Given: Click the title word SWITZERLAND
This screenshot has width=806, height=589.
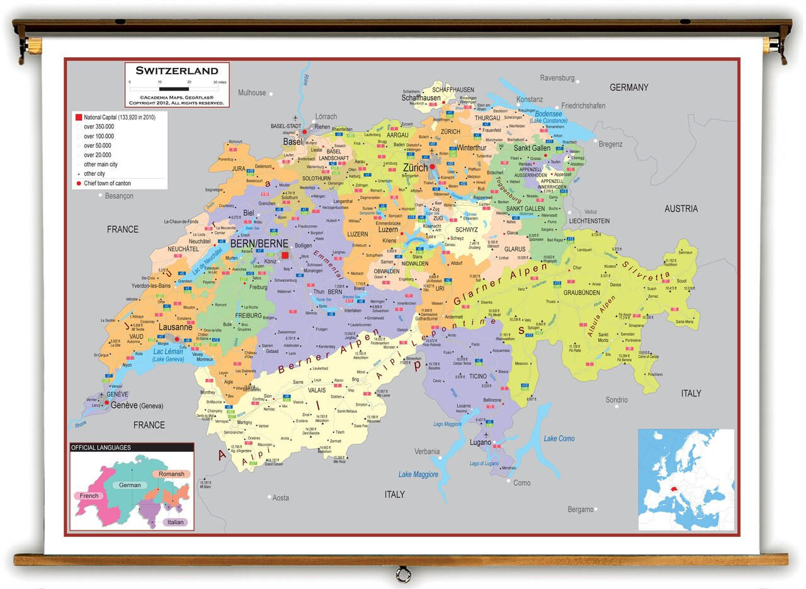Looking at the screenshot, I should (177, 70).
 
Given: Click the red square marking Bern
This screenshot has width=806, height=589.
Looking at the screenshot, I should (285, 255).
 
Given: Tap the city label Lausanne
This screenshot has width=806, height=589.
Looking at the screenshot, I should (176, 327).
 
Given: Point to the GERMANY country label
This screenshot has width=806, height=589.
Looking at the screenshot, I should (628, 87).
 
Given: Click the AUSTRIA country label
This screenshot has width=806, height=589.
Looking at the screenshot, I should (681, 208).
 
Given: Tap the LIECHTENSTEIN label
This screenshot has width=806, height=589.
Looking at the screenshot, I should (589, 221).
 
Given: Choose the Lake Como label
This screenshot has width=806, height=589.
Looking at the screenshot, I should (559, 439).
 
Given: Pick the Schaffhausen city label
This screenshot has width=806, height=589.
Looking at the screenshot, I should (421, 98).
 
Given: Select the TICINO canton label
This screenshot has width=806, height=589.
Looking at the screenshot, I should (477, 376).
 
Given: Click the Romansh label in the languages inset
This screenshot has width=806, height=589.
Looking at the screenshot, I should (171, 474).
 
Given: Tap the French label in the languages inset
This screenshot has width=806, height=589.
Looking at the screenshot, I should (89, 496).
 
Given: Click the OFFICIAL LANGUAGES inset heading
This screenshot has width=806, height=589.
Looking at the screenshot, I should (101, 447).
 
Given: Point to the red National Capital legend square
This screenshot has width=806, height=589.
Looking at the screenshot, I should (78, 117).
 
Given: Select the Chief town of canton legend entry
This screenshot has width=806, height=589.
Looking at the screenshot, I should (107, 183).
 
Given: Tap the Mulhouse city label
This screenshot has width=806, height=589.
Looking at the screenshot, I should (252, 93).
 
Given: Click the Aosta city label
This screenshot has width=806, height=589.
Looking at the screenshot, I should (280, 498).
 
